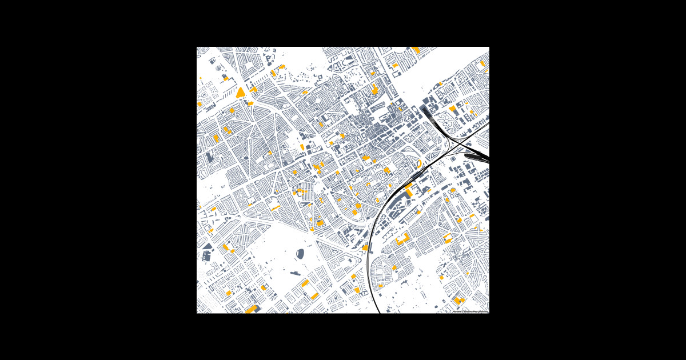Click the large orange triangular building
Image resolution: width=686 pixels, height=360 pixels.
(x=241, y=93)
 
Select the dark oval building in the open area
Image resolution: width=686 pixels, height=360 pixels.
(x=300, y=254)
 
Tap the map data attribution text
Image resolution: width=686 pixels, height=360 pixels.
(x=470, y=311)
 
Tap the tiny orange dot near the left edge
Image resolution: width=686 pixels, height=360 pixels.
(x=201, y=78)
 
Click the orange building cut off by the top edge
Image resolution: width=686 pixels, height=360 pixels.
(x=416, y=50)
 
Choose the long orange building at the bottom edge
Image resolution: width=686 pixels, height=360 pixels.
(x=250, y=309)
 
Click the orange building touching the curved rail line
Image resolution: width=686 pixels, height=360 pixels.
(x=365, y=247)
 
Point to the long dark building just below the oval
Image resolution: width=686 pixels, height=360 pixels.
(x=295, y=273)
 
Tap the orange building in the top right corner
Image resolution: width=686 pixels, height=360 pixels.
(x=483, y=63)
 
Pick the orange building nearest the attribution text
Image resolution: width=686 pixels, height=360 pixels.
(x=458, y=300)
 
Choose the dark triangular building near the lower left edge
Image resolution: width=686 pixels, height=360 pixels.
(x=206, y=247)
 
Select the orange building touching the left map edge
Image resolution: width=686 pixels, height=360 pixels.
(x=200, y=104)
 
